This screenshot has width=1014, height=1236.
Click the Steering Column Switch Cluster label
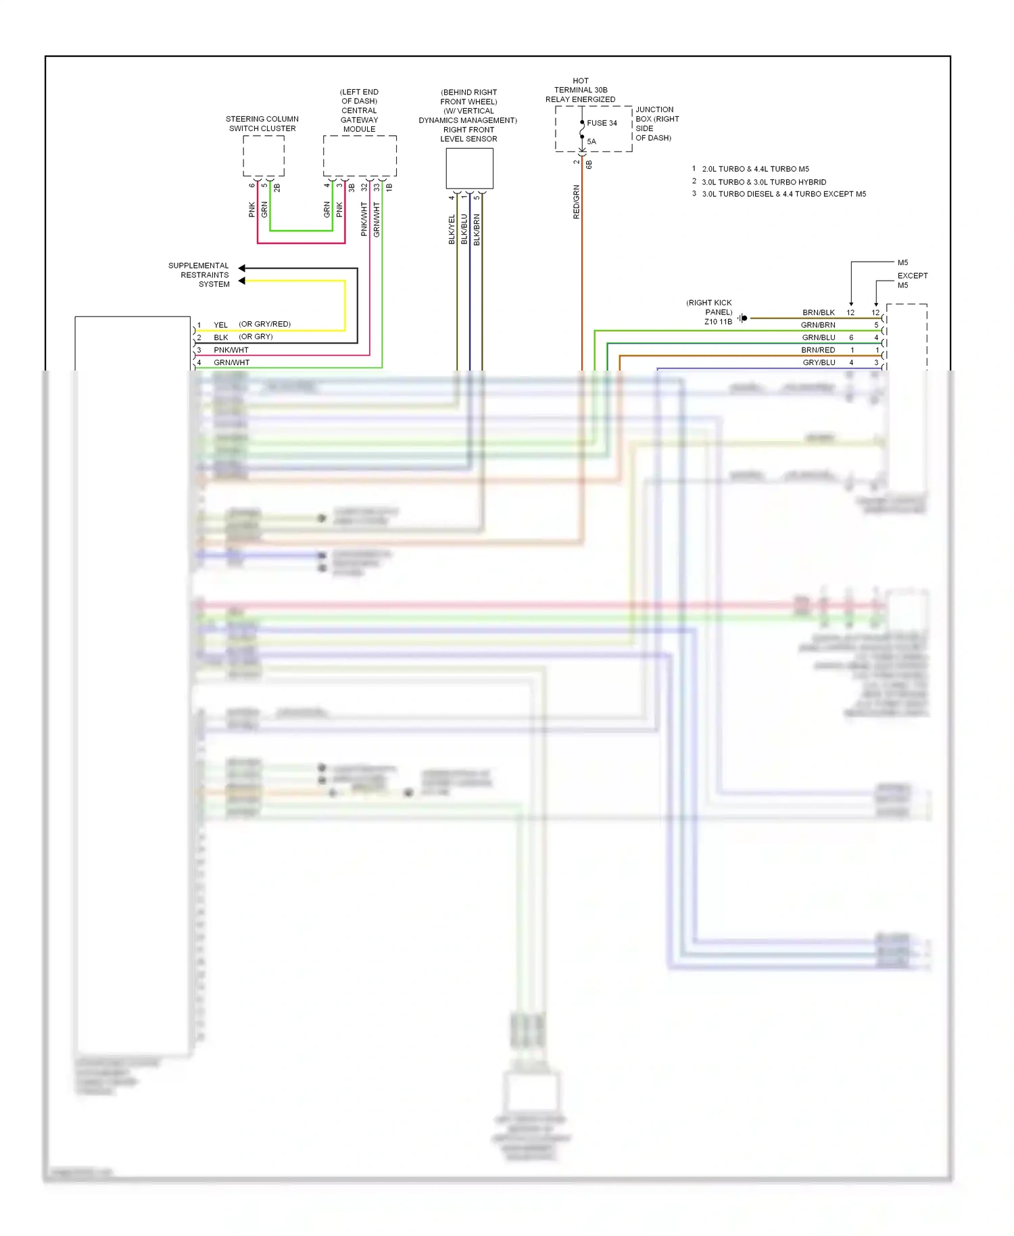[x=262, y=124]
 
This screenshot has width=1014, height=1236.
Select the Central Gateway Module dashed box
[x=360, y=156]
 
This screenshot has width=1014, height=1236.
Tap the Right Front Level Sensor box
[x=469, y=168]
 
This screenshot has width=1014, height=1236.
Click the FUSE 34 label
[x=602, y=123]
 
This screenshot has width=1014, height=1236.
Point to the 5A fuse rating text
[x=591, y=141]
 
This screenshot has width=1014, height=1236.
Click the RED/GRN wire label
[x=577, y=201]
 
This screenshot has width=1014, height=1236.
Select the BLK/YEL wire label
[x=452, y=229]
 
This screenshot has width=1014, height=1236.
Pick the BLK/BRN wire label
[x=477, y=229]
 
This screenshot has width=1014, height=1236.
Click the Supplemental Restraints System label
[x=199, y=275]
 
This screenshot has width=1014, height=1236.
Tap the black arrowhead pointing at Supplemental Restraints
[x=242, y=268]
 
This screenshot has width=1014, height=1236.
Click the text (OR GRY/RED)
[x=264, y=324]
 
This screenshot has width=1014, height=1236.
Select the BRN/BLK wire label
[x=818, y=312]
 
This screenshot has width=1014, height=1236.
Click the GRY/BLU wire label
[x=819, y=362]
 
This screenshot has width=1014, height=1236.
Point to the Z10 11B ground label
[x=718, y=322]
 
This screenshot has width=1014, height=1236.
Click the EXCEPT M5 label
[x=912, y=280]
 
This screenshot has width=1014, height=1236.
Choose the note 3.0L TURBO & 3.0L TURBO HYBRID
[x=763, y=182]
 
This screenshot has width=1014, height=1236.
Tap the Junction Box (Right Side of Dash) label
[x=656, y=124]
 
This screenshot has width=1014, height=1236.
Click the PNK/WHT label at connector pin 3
[x=231, y=350]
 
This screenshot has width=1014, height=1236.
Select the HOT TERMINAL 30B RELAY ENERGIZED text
[x=580, y=90]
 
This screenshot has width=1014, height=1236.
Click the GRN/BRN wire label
[x=818, y=325]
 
